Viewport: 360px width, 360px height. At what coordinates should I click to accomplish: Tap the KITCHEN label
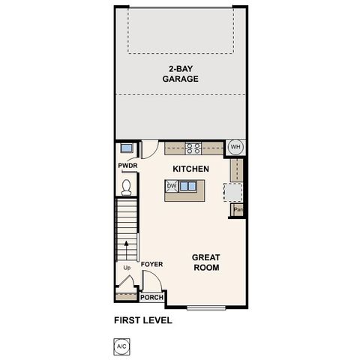[x=190, y=169]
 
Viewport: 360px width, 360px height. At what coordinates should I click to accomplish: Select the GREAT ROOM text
[x=206, y=262]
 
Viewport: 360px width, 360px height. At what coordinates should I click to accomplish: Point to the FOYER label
[x=151, y=264]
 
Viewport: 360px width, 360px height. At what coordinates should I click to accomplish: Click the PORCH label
[x=153, y=297]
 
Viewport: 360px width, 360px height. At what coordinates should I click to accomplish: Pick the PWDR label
[x=126, y=166]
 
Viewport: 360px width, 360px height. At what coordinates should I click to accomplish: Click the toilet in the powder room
[x=126, y=184]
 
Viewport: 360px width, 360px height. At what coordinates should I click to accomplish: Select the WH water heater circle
[x=235, y=147]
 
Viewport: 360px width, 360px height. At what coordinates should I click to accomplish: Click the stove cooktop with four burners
[x=193, y=148]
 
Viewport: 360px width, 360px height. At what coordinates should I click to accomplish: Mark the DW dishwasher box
[x=172, y=186]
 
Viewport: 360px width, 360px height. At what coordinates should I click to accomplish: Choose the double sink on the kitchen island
[x=188, y=186]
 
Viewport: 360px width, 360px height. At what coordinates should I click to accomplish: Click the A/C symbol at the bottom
[x=121, y=346]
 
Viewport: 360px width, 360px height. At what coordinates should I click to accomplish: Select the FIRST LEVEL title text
[x=143, y=320]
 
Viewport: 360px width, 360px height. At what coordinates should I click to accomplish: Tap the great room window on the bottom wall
[x=207, y=307]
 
